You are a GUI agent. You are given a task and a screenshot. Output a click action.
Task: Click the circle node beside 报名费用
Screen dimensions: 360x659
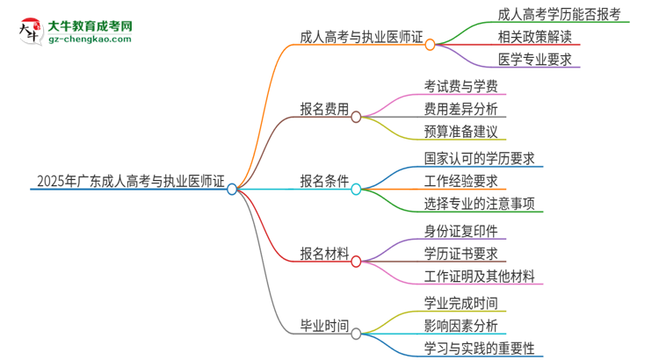coord(356,117)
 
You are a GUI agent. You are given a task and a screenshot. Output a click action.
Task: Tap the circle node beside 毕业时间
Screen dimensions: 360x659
coord(356,334)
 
